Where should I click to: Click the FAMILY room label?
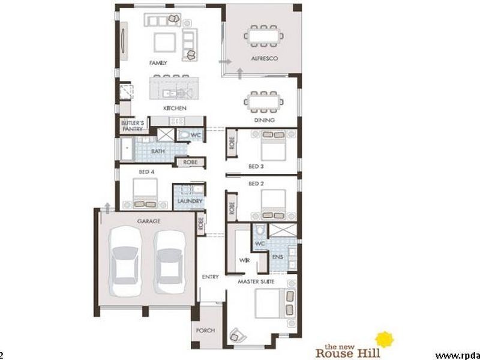(x=158, y=62)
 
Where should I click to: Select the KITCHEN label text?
(x=175, y=108)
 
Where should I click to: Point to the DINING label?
(x=264, y=120)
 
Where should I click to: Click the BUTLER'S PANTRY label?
(x=131, y=125)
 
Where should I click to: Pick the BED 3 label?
(x=257, y=166)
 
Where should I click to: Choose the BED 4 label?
(x=147, y=172)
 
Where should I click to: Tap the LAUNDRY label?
(x=190, y=202)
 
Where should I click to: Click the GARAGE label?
(x=149, y=221)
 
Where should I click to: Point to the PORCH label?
(x=205, y=331)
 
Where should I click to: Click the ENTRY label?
(x=211, y=277)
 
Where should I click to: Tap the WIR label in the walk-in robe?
(x=244, y=260)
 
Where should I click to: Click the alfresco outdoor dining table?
(x=263, y=35)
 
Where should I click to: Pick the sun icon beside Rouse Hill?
(x=384, y=340)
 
